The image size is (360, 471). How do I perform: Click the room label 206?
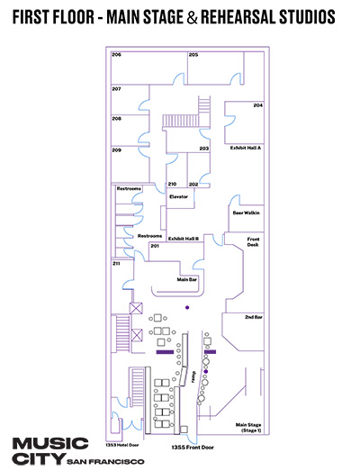(116, 55)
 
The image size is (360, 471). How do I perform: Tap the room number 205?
(193, 55)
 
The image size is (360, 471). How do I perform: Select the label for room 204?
(258, 105)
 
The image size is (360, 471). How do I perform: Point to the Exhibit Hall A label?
(246, 148)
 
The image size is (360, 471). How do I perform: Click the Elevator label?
(178, 196)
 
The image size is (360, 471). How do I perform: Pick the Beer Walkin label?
(247, 213)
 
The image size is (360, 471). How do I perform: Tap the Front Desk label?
(253, 242)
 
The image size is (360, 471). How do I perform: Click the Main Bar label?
(187, 279)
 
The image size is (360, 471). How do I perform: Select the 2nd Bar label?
(254, 317)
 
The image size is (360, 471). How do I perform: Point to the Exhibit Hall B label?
(184, 239)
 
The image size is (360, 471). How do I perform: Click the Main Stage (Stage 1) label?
(248, 428)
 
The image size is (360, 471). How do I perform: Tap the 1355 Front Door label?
(193, 448)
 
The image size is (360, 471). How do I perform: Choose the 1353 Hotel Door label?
(122, 445)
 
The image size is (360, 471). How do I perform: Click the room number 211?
(116, 264)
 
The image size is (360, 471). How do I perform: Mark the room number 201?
(155, 246)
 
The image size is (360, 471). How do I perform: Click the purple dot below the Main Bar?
(187, 307)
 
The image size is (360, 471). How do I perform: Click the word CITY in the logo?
(39, 458)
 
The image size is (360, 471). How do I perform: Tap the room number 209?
(116, 149)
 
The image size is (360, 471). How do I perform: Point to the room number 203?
(204, 149)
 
